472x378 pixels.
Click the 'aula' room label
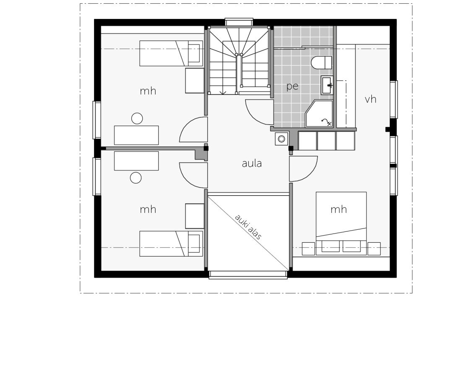click(x=252, y=163)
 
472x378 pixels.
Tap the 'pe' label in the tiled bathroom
click(x=292, y=87)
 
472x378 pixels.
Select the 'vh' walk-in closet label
click(x=370, y=99)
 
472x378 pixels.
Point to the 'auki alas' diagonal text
click(x=248, y=227)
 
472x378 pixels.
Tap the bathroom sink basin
click(x=327, y=85)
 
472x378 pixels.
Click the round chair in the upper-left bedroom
click(x=137, y=118)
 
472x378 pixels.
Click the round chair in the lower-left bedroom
click(x=136, y=178)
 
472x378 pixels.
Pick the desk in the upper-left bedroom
click(x=136, y=135)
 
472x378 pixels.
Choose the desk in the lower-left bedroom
click(x=136, y=161)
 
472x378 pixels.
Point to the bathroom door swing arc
click(x=257, y=113)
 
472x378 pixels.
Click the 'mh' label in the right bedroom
click(x=339, y=209)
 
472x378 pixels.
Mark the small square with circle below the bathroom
click(x=282, y=139)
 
